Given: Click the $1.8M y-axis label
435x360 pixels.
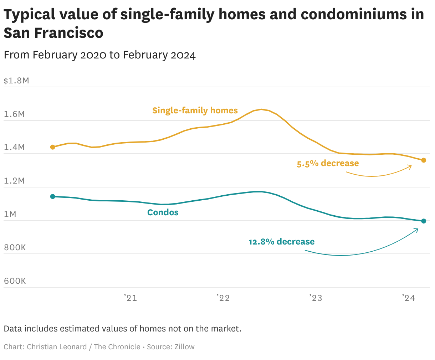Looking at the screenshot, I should pos(16,81).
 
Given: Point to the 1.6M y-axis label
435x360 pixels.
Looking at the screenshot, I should pos(14,114).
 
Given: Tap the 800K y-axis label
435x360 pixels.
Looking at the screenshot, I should pos(15,248).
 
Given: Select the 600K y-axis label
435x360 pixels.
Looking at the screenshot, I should pos(15,281).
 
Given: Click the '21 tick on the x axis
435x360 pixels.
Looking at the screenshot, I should pos(130,298).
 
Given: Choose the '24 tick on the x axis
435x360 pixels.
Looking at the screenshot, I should pos(409,298).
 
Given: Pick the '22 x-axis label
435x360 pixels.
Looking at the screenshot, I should pos(223,298).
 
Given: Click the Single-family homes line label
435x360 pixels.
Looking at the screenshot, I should pos(195,110).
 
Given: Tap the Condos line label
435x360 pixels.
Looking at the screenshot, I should pos(163,213).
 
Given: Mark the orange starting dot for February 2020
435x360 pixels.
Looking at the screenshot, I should pos(53,147).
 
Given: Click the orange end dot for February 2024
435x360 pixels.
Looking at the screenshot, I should pos(424,160).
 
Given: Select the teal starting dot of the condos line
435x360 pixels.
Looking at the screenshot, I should pos(53,196).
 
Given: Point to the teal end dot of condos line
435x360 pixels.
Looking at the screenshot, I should pos(424,221).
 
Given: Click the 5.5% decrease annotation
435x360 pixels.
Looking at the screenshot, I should pos(328,164).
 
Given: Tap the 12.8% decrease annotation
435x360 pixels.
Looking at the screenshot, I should pos(281,242).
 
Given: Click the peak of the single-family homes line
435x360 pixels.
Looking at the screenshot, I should pos(261,109).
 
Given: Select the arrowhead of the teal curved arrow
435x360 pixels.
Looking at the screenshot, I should pos(417,230).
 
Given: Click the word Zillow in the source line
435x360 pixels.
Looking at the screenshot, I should pos(184,347).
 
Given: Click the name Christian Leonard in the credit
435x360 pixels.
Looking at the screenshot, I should pos(57,347).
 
